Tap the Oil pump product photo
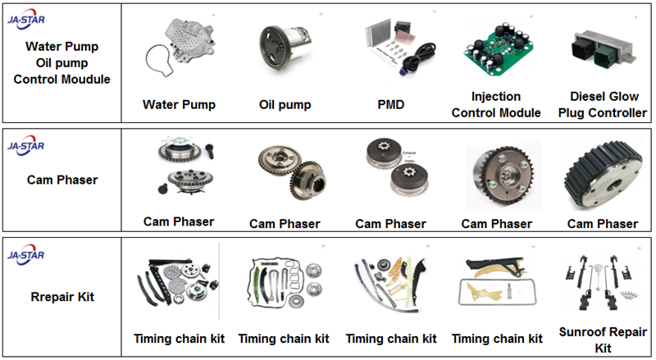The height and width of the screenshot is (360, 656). click(x=286, y=50)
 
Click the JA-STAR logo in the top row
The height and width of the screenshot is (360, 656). click(x=25, y=17)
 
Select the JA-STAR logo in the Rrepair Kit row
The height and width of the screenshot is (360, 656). click(x=25, y=255)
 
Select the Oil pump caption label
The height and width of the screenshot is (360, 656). click(x=287, y=104)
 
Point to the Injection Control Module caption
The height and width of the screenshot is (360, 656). click(x=496, y=104)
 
